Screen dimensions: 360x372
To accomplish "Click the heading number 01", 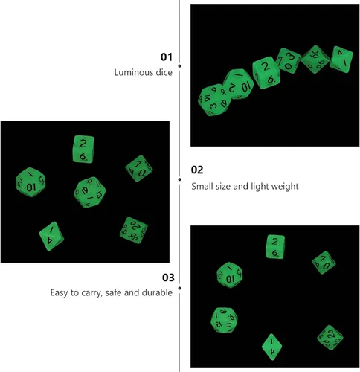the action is tap(167, 57).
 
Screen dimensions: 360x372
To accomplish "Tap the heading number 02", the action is tap(197, 170).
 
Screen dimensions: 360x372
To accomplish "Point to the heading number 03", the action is tap(168, 278).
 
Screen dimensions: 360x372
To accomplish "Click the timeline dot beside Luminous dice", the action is tap(179, 66).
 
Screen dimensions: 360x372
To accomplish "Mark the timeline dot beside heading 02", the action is tap(179, 179).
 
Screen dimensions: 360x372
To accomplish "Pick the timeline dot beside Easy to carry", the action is tap(179, 288).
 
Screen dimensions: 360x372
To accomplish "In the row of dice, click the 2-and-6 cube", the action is tap(266, 73).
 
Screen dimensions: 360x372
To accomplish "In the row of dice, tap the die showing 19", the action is tap(215, 100).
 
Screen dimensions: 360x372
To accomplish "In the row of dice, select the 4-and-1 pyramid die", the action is tap(341, 60).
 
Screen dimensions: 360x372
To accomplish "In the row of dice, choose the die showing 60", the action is tap(315, 60).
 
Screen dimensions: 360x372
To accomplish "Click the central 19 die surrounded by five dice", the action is tap(90, 192).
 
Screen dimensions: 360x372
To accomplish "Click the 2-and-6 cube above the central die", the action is tap(83, 149).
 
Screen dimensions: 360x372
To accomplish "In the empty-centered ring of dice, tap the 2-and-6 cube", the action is tap(275, 247).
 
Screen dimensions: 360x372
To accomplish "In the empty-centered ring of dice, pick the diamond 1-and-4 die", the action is tap(272, 347).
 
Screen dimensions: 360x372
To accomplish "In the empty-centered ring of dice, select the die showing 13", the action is tap(224, 320).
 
